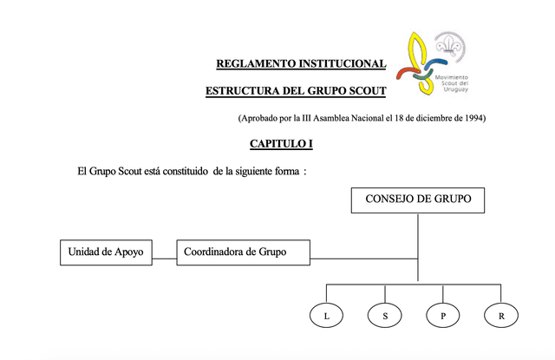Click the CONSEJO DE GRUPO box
418,200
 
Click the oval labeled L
326,317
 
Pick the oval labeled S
385,317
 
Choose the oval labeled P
443,317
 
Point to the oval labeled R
501,317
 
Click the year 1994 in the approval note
473,117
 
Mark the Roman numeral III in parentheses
302,117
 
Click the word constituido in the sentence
183,172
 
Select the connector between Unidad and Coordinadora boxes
165,258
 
